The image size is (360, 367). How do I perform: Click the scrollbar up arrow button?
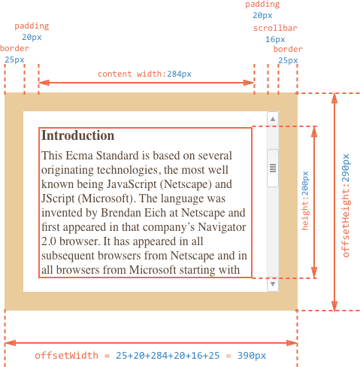pos(273,119)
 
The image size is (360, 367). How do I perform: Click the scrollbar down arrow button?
pos(273,284)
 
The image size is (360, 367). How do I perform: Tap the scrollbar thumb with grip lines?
pos(273,168)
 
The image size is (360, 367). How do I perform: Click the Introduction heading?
pos(78,135)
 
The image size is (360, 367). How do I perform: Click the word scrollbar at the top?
pos(275,28)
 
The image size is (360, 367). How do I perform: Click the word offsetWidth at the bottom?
pos(66,356)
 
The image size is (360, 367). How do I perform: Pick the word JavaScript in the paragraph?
pos(132,184)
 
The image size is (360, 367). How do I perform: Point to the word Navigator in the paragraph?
pos(222,227)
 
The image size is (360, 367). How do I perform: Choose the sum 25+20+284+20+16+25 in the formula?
pos(168,356)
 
